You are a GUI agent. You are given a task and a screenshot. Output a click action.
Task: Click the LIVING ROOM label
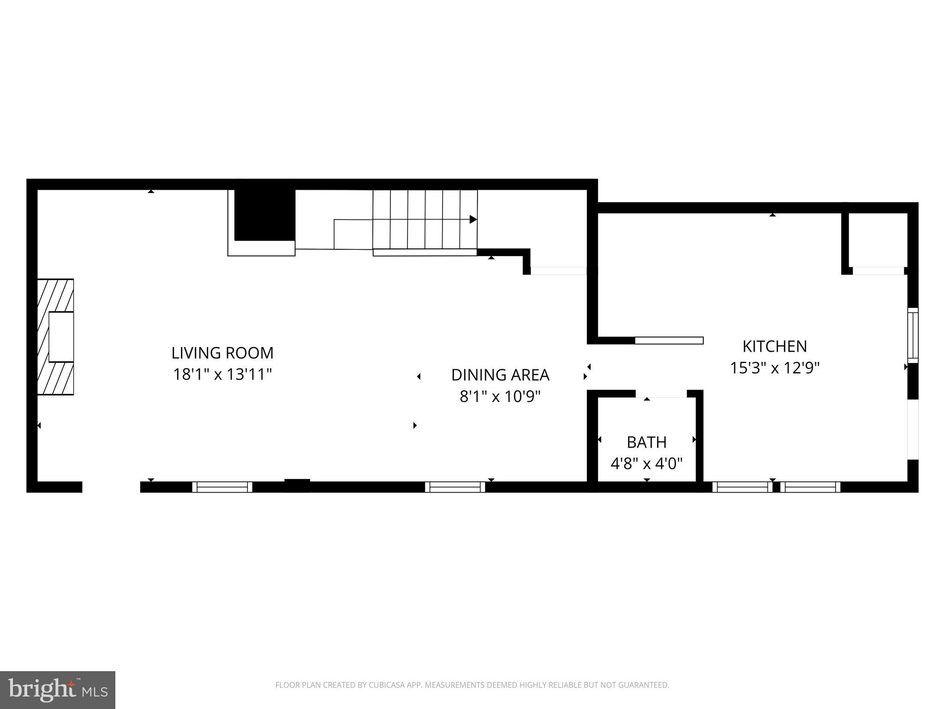click(222, 353)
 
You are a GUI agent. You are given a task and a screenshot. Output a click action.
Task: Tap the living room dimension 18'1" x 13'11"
click(222, 374)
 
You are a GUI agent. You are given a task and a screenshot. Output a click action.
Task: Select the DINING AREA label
click(500, 375)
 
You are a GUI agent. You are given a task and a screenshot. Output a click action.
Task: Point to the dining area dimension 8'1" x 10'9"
click(500, 397)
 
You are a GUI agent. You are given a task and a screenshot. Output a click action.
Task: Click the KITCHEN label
click(774, 347)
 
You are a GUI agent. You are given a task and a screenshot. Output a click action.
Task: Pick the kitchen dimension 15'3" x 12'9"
click(774, 368)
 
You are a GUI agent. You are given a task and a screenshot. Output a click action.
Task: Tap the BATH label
click(646, 443)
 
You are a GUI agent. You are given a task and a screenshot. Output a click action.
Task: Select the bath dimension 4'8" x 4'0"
click(646, 463)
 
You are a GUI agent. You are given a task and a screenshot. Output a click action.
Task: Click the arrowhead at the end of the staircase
click(473, 220)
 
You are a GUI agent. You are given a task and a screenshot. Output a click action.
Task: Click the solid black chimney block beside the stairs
click(265, 216)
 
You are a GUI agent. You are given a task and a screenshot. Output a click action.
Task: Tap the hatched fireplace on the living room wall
click(56, 337)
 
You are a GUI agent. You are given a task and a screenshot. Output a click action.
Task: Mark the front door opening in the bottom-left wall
click(111, 487)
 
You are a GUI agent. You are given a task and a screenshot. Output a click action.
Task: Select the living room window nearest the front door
click(222, 487)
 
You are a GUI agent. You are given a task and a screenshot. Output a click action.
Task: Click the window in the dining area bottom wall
click(455, 487)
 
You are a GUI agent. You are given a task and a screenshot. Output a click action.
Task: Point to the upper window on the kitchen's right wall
click(913, 336)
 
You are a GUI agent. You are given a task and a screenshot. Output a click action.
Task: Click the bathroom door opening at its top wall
click(661, 394)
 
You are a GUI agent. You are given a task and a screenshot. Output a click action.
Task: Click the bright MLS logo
click(58, 690)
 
